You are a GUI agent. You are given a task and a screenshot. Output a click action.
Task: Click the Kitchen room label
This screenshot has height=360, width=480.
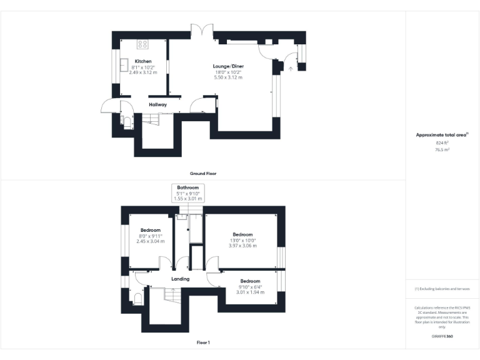pyautogui.click(x=142, y=61)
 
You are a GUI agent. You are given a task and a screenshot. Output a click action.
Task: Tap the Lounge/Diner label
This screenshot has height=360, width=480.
pyautogui.click(x=228, y=66)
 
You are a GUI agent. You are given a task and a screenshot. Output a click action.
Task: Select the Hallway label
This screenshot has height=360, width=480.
pyautogui.click(x=157, y=104)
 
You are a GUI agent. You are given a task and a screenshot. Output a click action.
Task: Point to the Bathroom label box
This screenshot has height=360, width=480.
pyautogui.click(x=187, y=192)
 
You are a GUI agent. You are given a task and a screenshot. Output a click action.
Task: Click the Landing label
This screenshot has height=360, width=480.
pyautogui.click(x=181, y=279)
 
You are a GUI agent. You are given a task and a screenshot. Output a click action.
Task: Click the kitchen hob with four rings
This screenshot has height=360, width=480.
pyautogui.click(x=142, y=44)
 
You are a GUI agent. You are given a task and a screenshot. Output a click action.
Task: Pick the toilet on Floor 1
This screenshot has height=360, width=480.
pyautogui.click(x=137, y=298)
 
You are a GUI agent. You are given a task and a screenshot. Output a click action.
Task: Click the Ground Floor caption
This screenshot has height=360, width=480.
pyautogui.click(x=203, y=173)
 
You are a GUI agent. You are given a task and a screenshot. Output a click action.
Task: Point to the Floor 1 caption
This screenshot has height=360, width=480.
pyautogui.click(x=203, y=342)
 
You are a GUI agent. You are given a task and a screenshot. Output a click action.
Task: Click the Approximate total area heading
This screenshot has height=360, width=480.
pyautogui.click(x=442, y=135)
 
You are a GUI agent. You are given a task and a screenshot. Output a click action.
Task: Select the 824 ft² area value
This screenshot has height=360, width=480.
pyautogui.click(x=442, y=143)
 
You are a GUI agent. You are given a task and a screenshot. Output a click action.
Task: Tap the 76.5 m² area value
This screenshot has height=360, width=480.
pyautogui.click(x=442, y=150)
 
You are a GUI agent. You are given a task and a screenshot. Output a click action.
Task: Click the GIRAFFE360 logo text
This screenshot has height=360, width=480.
pyautogui.click(x=442, y=337)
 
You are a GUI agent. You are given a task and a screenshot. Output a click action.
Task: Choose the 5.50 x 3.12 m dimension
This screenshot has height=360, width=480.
pyautogui.click(x=228, y=77)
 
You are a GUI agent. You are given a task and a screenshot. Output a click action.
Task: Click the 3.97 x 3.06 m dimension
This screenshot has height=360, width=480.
pyautogui.click(x=242, y=246)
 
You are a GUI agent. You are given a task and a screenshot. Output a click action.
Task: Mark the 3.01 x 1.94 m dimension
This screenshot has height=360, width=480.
pyautogui.click(x=250, y=292)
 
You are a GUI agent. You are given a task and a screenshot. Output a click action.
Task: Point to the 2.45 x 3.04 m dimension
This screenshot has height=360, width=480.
pyautogui.click(x=151, y=241)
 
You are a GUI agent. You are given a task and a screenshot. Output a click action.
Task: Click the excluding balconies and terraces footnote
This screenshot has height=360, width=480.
pyautogui.click(x=442, y=289)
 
